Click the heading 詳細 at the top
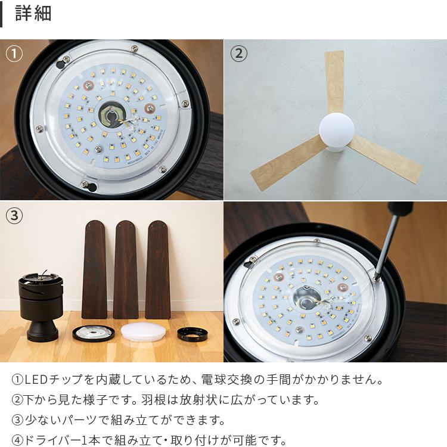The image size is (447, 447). (33, 14)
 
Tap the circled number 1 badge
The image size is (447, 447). (14, 54)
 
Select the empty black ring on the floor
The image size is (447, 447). (192, 334)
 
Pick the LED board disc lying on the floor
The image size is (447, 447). (94, 333)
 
